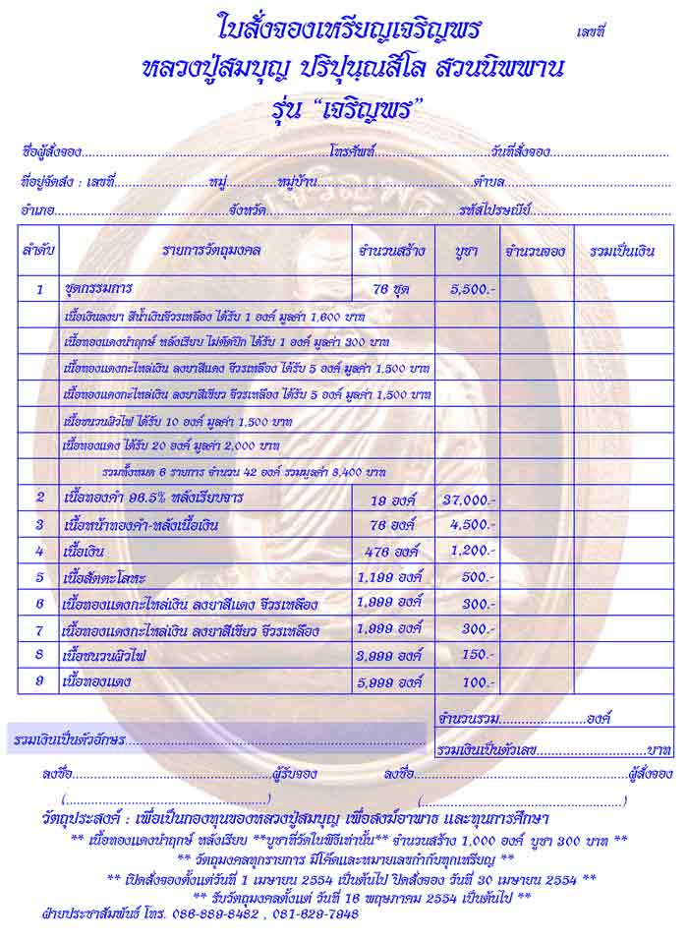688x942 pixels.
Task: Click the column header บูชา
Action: (x=466, y=252)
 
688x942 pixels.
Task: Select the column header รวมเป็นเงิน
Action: (x=622, y=252)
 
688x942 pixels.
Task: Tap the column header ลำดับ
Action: (x=38, y=252)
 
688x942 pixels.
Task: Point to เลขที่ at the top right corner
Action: (x=592, y=31)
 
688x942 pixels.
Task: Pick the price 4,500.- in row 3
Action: (x=473, y=525)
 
